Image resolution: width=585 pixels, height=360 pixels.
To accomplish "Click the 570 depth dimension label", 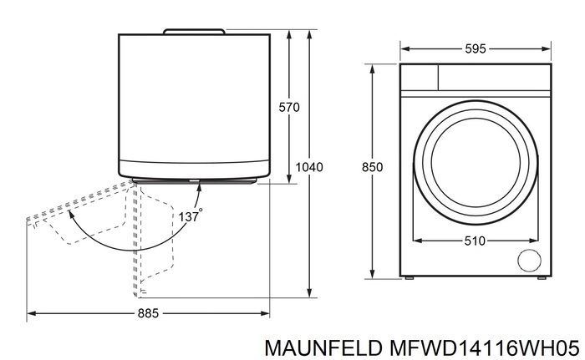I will point(288,107).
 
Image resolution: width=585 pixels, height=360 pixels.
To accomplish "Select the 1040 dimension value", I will point(309,167).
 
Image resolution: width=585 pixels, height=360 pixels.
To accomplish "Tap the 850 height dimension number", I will point(372,167).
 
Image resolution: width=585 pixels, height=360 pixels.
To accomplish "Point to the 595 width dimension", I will point(476,49).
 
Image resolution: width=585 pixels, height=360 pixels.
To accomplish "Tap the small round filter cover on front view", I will point(528,261).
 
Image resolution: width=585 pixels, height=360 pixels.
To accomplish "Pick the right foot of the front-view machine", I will point(542,278).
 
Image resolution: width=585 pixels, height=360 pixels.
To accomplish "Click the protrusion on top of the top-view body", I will point(194,31).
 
